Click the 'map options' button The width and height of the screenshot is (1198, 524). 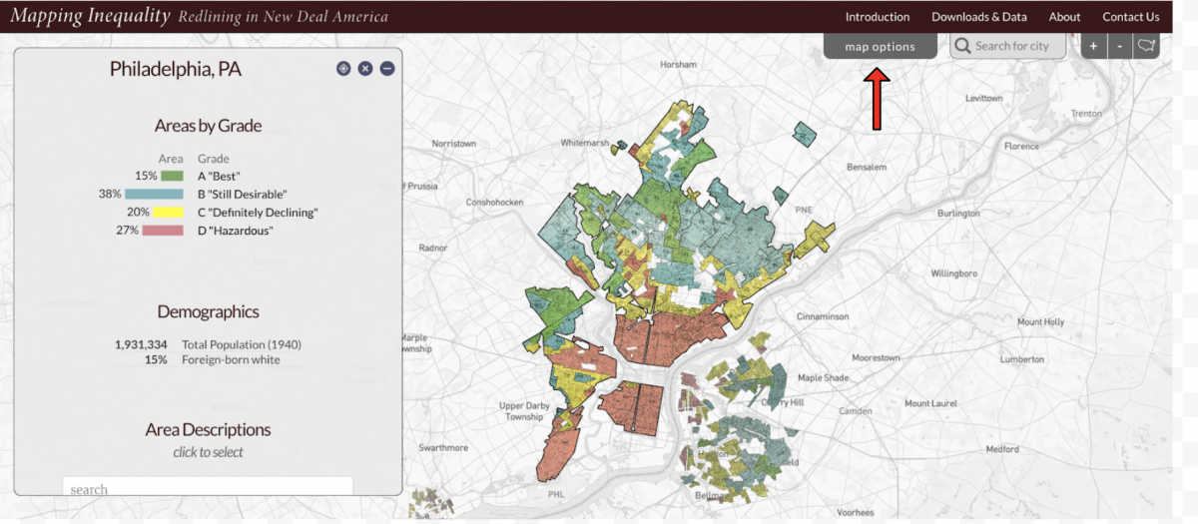click(880, 47)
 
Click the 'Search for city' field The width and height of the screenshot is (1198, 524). click(1008, 46)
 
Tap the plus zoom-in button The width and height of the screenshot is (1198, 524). click(1093, 46)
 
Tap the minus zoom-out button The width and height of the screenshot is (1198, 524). click(1120, 46)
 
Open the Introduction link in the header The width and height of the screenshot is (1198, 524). click(877, 17)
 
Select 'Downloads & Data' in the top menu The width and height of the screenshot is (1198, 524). click(978, 17)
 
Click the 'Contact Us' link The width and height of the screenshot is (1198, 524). click(1130, 17)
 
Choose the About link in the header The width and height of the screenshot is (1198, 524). click(1064, 17)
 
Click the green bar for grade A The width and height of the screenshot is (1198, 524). click(172, 176)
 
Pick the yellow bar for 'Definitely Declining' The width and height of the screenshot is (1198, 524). click(169, 213)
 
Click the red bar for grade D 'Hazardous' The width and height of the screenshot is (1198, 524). click(163, 231)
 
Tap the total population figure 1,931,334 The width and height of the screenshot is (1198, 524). click(141, 344)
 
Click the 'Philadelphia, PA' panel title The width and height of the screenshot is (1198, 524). click(175, 70)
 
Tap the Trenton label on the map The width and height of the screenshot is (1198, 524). click(1086, 114)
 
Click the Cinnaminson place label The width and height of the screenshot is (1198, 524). click(822, 316)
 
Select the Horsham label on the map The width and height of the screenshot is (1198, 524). click(679, 64)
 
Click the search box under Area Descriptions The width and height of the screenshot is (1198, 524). click(208, 488)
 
